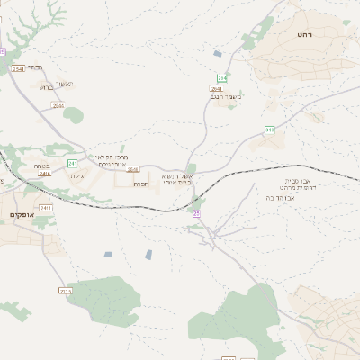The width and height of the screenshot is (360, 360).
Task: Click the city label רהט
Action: pos(302,33)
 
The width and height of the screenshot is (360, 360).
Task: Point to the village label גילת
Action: pos(76,175)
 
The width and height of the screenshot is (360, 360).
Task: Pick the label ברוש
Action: pos(47,87)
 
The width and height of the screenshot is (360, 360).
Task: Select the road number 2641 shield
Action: pos(216,89)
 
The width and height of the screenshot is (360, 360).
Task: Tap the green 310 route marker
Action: pos(269,130)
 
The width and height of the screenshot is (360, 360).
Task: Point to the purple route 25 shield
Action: pos(196,213)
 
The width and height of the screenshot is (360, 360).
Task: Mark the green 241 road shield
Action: pos(72,163)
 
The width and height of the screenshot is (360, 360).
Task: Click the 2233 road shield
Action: pos(64,290)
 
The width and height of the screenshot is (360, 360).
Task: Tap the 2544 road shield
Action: pos(58,105)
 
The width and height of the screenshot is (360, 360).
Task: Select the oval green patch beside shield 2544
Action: pos(73,114)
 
